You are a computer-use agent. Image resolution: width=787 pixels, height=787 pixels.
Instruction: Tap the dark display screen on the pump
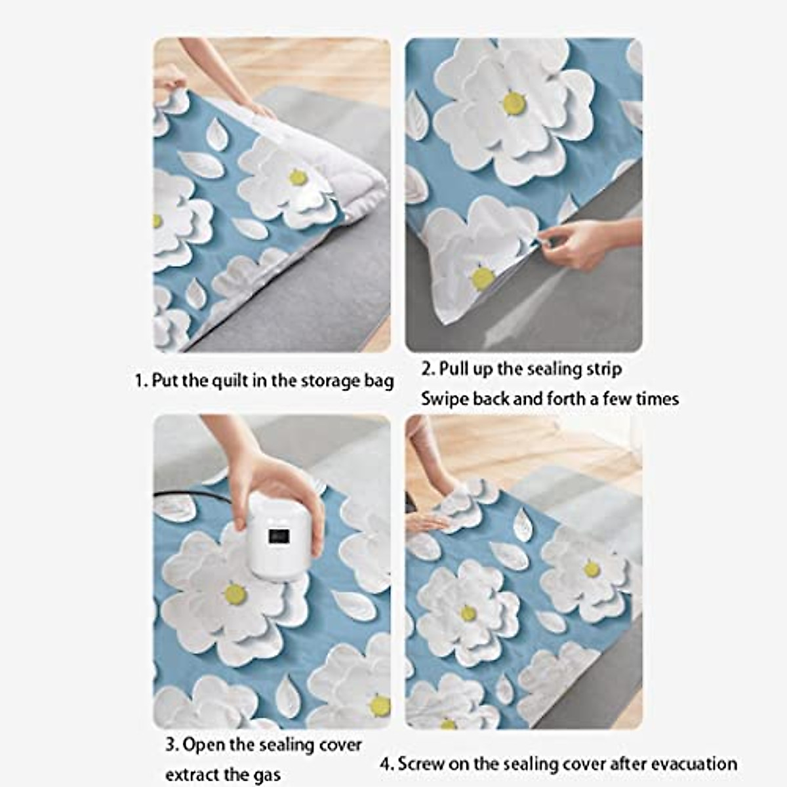coord(279,536)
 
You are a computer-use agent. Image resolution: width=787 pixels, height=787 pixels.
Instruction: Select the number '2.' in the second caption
coord(428,369)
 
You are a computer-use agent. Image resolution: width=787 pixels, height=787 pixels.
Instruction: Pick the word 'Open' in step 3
coord(202,745)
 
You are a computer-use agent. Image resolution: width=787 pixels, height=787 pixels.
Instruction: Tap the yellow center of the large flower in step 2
coord(514,102)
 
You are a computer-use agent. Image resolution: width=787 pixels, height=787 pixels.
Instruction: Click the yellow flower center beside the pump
coord(235,594)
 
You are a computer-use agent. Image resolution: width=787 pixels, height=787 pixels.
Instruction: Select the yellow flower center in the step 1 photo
coord(298,177)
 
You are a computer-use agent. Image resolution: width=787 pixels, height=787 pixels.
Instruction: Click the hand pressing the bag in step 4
coord(426,521)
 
